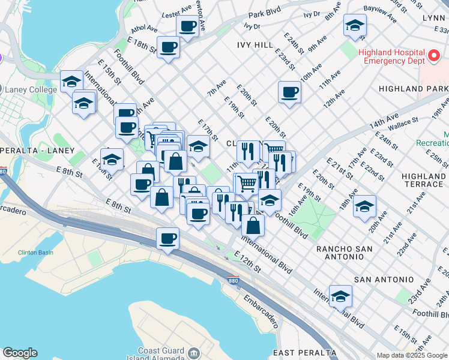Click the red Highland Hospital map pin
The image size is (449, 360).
433,58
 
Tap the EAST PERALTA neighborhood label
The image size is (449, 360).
304,352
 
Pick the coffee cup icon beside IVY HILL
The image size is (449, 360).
289,92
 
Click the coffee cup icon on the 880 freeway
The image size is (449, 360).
167,239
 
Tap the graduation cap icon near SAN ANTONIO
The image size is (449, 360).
340,296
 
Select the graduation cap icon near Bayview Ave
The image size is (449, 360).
355,26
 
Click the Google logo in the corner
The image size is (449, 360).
20,353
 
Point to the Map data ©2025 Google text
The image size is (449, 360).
412,355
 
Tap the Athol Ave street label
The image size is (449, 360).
144,28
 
